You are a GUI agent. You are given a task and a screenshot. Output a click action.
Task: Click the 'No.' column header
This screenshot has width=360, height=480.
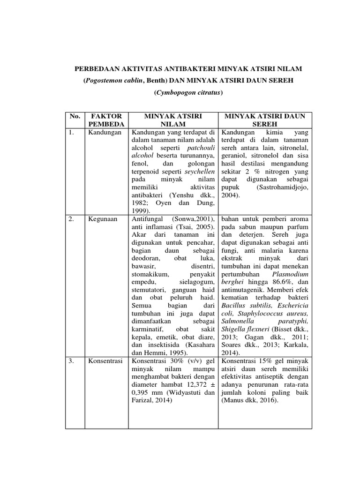75,115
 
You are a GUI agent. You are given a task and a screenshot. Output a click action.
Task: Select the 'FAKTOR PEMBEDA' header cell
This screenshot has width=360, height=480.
105,120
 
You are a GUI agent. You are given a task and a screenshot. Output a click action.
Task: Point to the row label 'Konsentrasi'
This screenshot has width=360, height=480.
105,361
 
